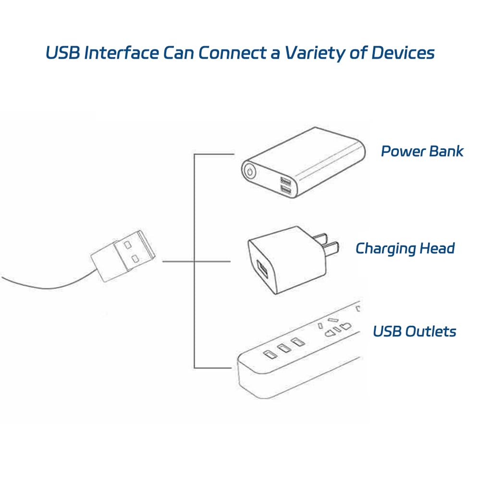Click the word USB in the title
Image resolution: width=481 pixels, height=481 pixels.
point(63,52)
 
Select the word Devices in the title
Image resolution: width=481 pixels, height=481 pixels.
point(403,52)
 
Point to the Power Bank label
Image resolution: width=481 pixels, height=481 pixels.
point(422,151)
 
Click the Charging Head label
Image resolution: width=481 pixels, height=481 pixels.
point(405,249)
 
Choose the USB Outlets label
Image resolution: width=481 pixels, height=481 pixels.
point(414,331)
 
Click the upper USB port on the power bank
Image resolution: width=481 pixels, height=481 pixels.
point(285,181)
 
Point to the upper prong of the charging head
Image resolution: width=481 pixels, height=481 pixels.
point(321,237)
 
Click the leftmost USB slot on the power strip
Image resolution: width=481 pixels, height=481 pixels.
point(270,354)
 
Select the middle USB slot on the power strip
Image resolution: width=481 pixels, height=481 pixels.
point(284,348)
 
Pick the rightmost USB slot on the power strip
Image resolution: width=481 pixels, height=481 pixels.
point(296,342)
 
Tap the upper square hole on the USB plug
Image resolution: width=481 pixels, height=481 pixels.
point(127,245)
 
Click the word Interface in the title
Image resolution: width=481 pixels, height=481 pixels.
point(122,52)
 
